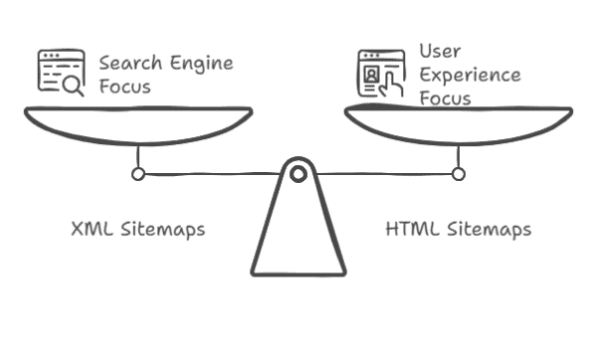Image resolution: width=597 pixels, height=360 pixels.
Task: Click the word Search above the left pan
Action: click(x=128, y=64)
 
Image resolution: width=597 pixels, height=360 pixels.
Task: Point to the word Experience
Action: click(x=469, y=76)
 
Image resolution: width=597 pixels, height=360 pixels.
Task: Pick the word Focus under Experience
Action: click(x=444, y=98)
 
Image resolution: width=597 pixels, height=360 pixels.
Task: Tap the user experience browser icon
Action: click(x=380, y=72)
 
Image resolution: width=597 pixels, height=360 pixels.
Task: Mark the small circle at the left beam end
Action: click(x=138, y=174)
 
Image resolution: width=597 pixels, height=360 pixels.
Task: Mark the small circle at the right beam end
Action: click(x=458, y=174)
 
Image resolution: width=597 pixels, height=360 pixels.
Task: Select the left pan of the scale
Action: click(x=138, y=123)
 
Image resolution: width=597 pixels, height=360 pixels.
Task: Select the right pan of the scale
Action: click(x=459, y=123)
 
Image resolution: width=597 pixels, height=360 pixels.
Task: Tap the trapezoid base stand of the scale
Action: click(x=298, y=239)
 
